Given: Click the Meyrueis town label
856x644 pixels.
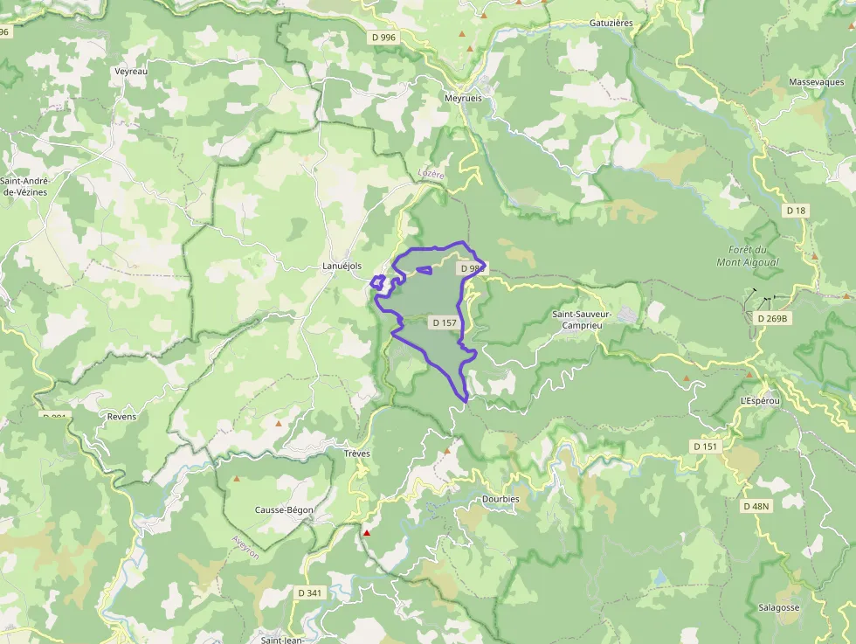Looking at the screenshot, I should [463, 99].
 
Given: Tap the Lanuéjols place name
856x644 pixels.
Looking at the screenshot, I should [342, 267].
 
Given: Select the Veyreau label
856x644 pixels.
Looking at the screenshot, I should [131, 72].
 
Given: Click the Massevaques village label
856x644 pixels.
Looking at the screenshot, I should [816, 82].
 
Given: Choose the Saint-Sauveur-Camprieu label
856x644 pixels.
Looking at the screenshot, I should [583, 319].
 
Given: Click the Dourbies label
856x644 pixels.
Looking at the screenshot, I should [500, 499].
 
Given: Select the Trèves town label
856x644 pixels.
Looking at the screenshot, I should [357, 454].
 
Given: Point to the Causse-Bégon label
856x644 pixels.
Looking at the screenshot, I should [284, 509].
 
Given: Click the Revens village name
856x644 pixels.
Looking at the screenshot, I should [121, 416].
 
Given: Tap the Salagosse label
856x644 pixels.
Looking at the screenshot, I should [779, 607].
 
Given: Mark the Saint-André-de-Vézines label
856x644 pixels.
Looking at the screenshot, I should [25, 186].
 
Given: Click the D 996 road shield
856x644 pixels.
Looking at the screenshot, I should [383, 37].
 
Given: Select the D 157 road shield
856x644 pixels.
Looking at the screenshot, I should [445, 322].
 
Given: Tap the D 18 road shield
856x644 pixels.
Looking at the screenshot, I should [795, 211].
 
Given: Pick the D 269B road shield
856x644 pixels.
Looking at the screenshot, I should [773, 319].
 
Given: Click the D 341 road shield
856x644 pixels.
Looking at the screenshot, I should [309, 592].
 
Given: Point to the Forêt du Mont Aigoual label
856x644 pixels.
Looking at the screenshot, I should [747, 255].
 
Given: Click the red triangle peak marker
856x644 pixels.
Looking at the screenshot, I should [367, 532].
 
